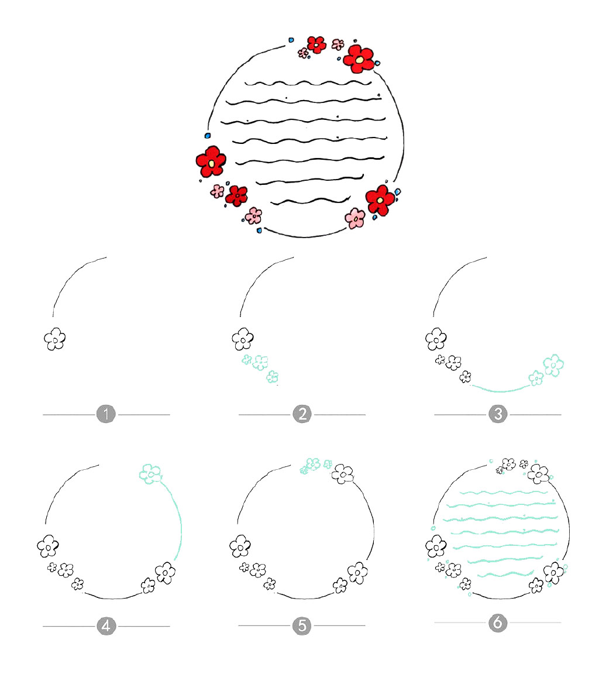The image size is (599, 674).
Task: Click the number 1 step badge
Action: pos(106,415)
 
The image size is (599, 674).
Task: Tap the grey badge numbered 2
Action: pos(302,415)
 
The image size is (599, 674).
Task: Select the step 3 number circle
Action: pos(497,415)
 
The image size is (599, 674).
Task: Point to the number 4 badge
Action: pos(106,627)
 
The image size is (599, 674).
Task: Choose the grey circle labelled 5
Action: pos(302,626)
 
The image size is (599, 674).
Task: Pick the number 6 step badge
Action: pos(497,623)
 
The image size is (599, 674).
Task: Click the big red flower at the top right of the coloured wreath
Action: pos(359,57)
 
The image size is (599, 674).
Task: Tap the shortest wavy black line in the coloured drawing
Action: pos(302,200)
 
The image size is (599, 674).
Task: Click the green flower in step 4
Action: pos(150,472)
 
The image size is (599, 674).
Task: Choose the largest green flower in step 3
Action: pos(553,364)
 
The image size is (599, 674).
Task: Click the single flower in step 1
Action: pos(54,339)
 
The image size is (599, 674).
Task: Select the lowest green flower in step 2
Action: pos(272,377)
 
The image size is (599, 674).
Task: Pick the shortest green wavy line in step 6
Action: pos(505,574)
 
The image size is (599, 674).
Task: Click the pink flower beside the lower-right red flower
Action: pos(355,218)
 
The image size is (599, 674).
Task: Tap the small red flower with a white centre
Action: pos(316,44)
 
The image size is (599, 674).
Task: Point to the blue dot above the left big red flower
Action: pos(208,135)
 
